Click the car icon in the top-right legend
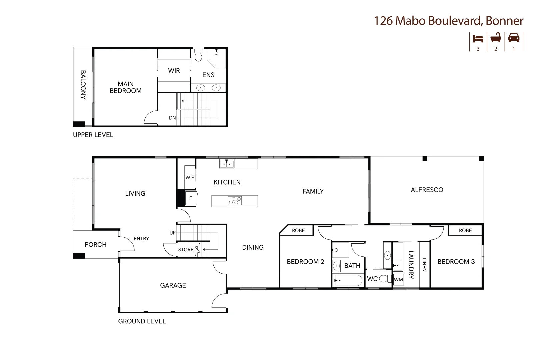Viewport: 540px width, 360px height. click(x=514, y=38)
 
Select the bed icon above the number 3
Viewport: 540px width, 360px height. click(x=478, y=39)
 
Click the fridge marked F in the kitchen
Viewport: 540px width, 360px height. click(x=191, y=198)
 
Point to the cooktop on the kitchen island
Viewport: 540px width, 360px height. click(x=235, y=200)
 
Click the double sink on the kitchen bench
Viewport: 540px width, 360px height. click(x=227, y=164)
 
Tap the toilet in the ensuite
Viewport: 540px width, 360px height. click(x=198, y=55)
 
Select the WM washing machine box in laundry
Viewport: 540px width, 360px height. click(x=398, y=279)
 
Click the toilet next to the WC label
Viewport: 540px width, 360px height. click(x=385, y=279)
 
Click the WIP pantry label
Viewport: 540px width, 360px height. click(x=190, y=177)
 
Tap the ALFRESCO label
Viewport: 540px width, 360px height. click(x=427, y=190)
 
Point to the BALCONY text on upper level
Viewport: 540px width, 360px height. click(x=83, y=85)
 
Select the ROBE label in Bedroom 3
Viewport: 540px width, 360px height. click(x=465, y=230)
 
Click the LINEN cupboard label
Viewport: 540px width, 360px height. click(x=425, y=265)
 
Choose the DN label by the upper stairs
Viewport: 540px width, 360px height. click(x=172, y=118)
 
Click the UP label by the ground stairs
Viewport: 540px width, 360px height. click(x=173, y=233)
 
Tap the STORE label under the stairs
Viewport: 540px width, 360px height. click(x=186, y=250)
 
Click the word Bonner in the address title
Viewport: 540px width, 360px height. click(x=504, y=21)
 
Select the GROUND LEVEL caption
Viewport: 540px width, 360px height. click(x=142, y=321)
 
